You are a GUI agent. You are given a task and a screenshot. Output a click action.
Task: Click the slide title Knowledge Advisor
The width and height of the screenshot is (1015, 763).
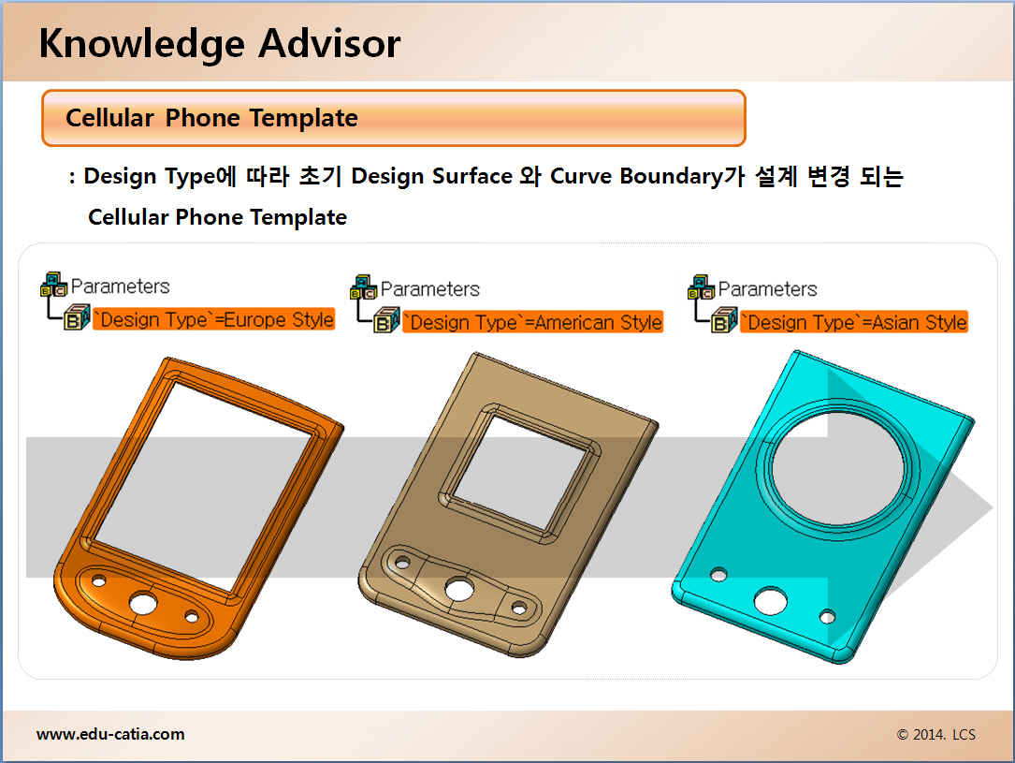[x=220, y=44]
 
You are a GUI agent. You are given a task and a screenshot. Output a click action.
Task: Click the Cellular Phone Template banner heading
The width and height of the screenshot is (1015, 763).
[x=211, y=118]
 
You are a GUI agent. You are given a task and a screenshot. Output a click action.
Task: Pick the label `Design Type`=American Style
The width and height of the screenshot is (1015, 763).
[x=532, y=322]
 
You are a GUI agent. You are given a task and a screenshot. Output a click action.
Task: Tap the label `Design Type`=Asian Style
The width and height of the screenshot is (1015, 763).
[x=854, y=322]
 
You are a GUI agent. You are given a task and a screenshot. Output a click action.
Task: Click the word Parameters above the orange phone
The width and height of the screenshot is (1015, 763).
[x=121, y=286]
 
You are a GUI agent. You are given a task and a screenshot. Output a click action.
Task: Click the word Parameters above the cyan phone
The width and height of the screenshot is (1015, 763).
[x=768, y=289]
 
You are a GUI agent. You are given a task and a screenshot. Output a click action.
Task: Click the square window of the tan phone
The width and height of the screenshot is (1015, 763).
[x=518, y=471]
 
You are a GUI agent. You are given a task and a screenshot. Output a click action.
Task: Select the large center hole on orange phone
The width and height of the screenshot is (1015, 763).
[x=143, y=604]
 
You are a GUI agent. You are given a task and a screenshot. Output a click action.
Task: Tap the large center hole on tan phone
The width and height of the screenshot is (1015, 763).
[x=459, y=590]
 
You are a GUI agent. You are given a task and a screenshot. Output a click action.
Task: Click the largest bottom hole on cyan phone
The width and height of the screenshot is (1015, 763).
[x=770, y=600]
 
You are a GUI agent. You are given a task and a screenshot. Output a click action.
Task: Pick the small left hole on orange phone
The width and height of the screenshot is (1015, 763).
[x=98, y=581]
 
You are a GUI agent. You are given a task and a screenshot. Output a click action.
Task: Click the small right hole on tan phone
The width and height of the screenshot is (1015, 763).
[x=519, y=609]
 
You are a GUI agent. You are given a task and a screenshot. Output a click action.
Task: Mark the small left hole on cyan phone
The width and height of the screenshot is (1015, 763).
[x=718, y=575]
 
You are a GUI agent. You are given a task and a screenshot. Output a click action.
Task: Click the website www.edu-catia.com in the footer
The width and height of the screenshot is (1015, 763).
[x=110, y=734]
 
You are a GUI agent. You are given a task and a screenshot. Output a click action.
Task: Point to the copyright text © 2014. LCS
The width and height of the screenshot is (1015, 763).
[x=936, y=735]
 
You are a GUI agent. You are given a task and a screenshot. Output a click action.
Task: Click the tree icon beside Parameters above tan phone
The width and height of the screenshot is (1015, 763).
[x=364, y=287]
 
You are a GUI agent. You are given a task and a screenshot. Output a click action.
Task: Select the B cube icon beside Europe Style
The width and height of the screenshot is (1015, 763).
[x=77, y=317]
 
